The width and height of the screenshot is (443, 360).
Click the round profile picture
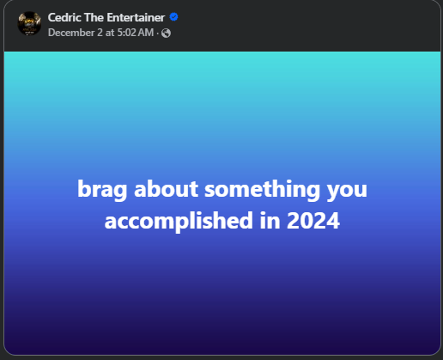(29, 23)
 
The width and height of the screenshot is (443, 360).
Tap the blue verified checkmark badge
(173, 17)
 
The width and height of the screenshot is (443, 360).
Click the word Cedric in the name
(64, 17)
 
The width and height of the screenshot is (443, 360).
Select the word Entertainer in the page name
(136, 17)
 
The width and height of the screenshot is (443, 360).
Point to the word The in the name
(94, 17)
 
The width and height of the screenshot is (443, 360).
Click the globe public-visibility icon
(166, 34)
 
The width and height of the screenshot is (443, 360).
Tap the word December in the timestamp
(71, 33)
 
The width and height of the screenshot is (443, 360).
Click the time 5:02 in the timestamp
(126, 33)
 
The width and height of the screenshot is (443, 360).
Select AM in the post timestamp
(146, 33)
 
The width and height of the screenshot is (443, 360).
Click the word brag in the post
(102, 190)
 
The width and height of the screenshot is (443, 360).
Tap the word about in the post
(166, 189)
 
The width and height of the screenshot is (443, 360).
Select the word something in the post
(262, 190)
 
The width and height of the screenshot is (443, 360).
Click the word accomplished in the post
(179, 222)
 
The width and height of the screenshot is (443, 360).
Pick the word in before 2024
(270, 221)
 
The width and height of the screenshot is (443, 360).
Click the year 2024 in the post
(313, 221)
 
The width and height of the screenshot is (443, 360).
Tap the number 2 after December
(100, 33)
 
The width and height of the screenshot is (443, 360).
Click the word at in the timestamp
(110, 33)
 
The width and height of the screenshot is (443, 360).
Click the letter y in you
(333, 192)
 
